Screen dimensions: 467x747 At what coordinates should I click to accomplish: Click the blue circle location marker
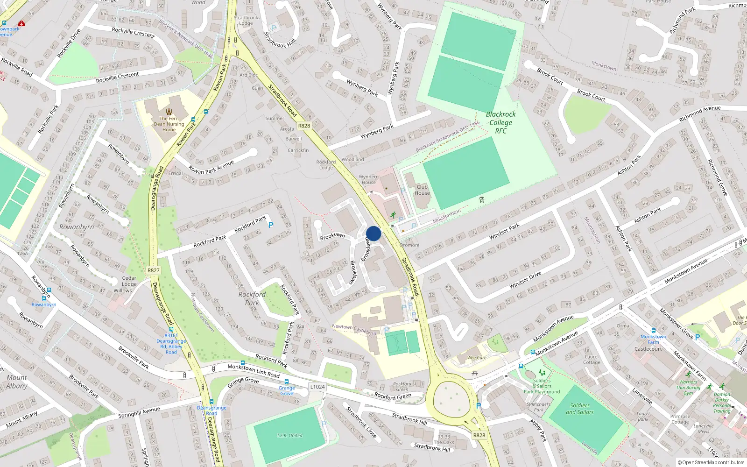click(373, 233)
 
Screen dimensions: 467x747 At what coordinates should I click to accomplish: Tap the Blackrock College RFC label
click(500, 122)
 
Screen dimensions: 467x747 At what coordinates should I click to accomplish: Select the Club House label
click(422, 190)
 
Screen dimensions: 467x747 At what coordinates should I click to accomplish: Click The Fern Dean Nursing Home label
click(169, 124)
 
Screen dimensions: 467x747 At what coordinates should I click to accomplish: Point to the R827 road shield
click(153, 270)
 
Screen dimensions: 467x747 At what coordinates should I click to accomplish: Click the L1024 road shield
click(317, 387)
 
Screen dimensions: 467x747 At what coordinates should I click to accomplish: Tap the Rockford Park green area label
click(252, 298)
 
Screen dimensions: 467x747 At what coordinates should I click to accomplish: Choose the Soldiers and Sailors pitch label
click(580, 409)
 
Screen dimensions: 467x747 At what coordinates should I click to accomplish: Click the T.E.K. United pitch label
click(289, 435)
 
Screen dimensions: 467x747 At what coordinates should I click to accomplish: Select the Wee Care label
click(477, 358)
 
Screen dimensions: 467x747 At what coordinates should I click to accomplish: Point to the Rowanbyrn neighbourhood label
click(77, 227)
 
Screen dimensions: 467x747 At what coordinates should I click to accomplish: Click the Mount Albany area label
click(17, 382)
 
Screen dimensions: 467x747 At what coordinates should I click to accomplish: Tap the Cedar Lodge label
click(129, 281)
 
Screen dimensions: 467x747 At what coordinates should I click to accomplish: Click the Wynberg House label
click(369, 179)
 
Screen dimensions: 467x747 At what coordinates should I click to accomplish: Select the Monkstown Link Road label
click(254, 371)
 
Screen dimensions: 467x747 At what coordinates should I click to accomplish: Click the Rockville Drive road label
click(69, 43)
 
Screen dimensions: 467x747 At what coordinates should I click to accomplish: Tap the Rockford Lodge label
click(326, 165)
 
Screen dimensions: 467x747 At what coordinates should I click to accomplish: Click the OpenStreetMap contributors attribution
click(711, 462)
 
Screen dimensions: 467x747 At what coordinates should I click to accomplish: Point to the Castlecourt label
click(648, 349)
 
